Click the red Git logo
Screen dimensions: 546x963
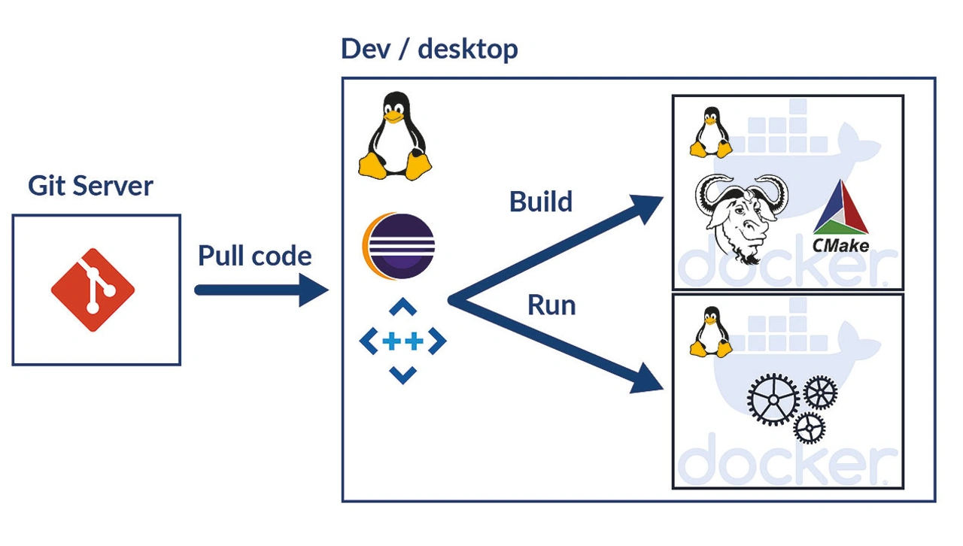(x=93, y=290)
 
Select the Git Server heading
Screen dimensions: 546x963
(x=90, y=186)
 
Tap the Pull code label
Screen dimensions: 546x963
(x=254, y=256)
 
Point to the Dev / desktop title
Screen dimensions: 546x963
(x=429, y=50)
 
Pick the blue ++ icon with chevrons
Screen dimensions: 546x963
(x=403, y=341)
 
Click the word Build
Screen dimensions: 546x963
(x=540, y=202)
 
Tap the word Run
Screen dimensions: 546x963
(x=551, y=305)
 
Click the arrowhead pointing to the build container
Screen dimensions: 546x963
(x=649, y=208)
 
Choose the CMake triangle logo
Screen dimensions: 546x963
(x=841, y=209)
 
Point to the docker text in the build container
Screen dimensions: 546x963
(x=786, y=267)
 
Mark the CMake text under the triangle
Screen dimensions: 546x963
(x=840, y=245)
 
